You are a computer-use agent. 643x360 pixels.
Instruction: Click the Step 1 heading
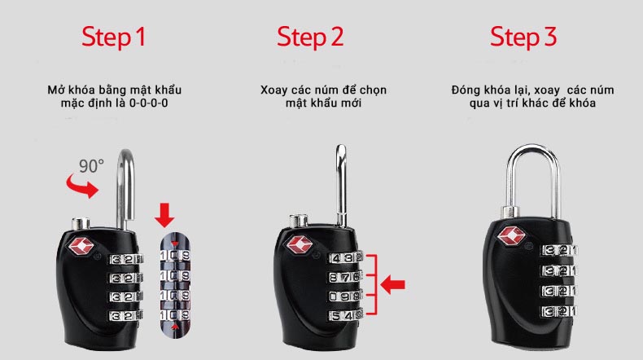coord(114,37)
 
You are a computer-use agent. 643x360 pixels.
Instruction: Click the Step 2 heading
coord(310,37)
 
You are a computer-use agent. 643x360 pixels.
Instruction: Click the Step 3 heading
coord(523,37)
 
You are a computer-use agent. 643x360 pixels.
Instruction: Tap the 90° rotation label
coord(91,166)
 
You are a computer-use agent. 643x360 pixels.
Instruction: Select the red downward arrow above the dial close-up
coord(164,215)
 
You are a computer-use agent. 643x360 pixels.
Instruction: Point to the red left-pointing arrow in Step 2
coord(393,284)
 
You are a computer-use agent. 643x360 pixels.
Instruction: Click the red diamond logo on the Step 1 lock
coord(81,246)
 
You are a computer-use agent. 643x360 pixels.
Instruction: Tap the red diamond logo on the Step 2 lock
coord(299,245)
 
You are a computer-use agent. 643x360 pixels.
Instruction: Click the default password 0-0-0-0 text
coord(148,103)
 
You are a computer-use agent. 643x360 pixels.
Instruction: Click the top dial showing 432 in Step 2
coord(345,258)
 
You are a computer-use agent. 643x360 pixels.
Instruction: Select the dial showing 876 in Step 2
coord(344,277)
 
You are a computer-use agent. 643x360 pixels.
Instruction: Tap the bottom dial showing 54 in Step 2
coord(345,316)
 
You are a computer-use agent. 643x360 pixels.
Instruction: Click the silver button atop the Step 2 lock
coord(299,221)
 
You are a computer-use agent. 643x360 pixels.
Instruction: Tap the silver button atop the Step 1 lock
coord(81,224)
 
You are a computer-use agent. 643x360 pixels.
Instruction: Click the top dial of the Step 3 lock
coord(559,250)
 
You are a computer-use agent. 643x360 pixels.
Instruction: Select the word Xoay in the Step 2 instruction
coord(273,90)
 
